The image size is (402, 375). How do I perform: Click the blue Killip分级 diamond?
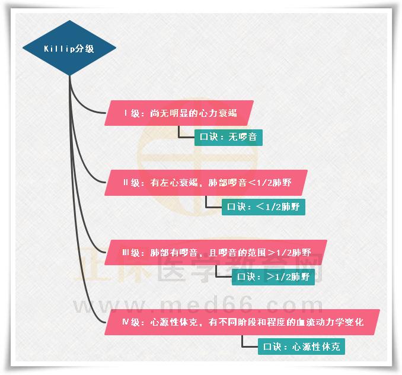(x=69, y=48)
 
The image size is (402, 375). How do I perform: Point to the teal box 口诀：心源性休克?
(x=301, y=347)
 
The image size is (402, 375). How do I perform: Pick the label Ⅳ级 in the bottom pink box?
(x=129, y=322)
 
